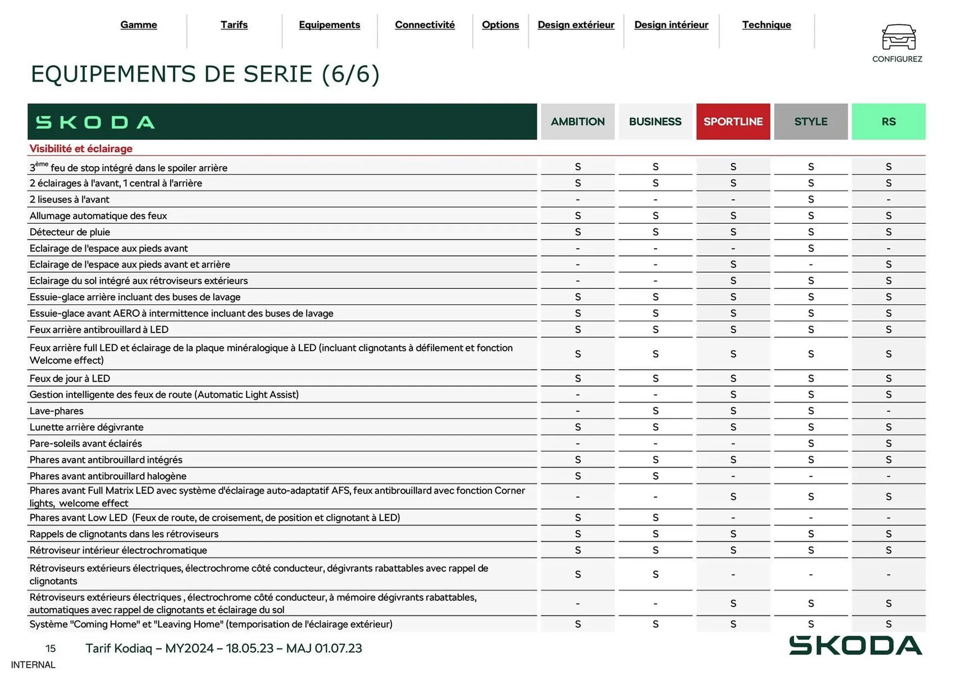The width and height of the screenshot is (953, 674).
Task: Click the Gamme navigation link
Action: [x=138, y=25]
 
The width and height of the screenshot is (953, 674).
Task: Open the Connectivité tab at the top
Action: [x=424, y=25]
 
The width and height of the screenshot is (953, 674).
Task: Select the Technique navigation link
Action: [x=766, y=25]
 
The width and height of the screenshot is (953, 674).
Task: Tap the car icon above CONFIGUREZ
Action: [x=898, y=37]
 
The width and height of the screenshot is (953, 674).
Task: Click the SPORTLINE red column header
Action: [x=733, y=122]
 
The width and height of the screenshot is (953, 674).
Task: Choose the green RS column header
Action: [x=888, y=122]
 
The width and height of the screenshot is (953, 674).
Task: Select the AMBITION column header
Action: [x=577, y=122]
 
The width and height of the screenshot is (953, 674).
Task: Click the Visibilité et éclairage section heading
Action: [x=81, y=148]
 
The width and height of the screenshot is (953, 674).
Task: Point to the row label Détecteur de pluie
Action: [x=69, y=232]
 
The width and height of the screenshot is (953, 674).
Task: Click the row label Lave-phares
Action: [x=56, y=410]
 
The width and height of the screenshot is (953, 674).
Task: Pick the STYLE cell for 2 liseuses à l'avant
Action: [x=811, y=199]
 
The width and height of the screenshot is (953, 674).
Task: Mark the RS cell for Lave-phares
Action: [x=888, y=410]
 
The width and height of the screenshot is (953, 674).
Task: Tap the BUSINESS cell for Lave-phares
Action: [x=655, y=410]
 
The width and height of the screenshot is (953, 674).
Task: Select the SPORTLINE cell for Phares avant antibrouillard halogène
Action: [x=733, y=475]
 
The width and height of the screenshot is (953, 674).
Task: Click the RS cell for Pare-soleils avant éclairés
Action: [x=888, y=443]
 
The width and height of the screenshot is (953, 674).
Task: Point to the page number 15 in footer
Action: [x=51, y=648]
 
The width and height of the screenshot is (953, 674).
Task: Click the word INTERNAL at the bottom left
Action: [x=33, y=665]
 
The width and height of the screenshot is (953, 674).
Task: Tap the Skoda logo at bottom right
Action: [x=855, y=645]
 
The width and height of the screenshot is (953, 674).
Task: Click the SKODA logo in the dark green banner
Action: [x=95, y=122]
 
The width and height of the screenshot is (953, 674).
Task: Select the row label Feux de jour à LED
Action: [x=69, y=378]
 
